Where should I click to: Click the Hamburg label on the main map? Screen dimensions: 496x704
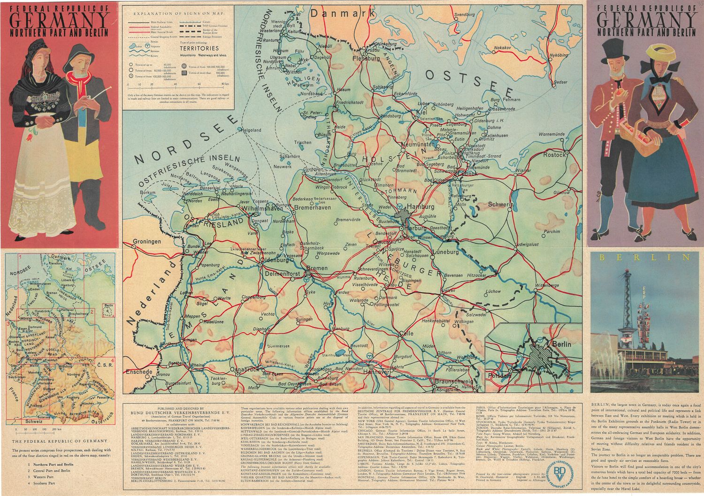click(421, 206)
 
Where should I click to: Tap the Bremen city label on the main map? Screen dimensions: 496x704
click(317, 268)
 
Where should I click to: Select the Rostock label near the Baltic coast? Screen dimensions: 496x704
click(554, 155)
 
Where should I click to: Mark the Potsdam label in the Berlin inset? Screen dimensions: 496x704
click(499, 376)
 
